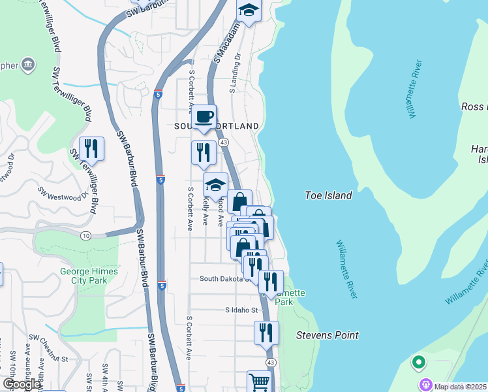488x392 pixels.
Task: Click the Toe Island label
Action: [x=328, y=195]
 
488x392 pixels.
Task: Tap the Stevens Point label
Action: [x=327, y=335]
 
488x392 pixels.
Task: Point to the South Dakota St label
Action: [x=224, y=278]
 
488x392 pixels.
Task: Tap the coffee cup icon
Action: [x=204, y=116]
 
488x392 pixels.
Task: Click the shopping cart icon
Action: [x=259, y=382]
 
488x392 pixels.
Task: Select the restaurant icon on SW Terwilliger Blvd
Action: [x=91, y=148]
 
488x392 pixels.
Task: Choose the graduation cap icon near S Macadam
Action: [x=248, y=10]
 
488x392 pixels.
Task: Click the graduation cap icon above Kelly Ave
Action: [x=216, y=184]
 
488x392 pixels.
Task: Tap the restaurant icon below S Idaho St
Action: [x=266, y=332]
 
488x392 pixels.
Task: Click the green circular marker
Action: [x=418, y=361]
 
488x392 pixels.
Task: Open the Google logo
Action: [x=22, y=384]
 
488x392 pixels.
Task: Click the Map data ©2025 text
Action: [x=461, y=386]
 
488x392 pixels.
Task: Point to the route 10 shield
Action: [x=86, y=235]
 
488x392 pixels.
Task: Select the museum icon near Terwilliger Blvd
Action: [x=29, y=65]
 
